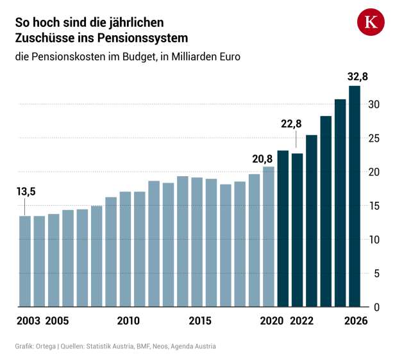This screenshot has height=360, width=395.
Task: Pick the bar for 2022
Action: click(x=298, y=230)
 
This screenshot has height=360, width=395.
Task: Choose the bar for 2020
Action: click(x=269, y=236)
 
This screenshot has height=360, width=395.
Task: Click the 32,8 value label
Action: click(x=358, y=77)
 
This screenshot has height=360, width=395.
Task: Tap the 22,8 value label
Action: click(x=291, y=124)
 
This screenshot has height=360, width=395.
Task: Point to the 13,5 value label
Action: click(x=26, y=192)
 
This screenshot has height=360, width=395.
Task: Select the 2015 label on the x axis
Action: click(x=200, y=321)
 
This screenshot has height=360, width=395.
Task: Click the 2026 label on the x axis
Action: click(x=355, y=321)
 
